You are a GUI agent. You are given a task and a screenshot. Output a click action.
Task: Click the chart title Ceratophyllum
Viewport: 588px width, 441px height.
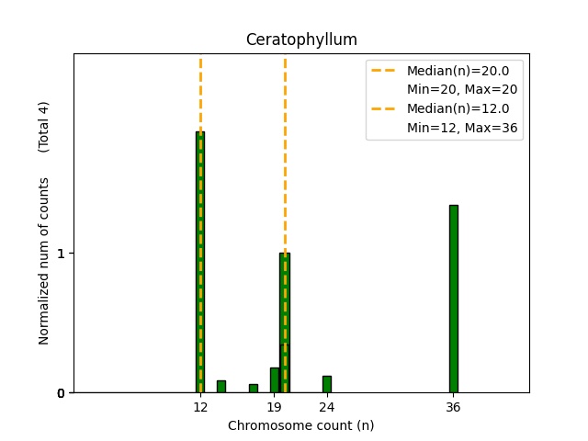click(301, 40)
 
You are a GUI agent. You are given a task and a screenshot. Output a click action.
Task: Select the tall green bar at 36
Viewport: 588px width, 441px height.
click(453, 299)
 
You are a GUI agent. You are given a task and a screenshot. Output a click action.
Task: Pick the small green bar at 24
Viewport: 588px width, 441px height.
click(326, 384)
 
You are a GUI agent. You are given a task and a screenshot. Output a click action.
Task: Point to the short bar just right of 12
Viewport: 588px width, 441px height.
click(221, 386)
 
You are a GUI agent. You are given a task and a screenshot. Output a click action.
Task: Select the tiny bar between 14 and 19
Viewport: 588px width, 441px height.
click(254, 388)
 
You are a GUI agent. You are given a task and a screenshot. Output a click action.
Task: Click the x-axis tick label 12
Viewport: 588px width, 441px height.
click(200, 406)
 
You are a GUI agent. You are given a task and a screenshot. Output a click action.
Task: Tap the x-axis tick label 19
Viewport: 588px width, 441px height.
click(274, 406)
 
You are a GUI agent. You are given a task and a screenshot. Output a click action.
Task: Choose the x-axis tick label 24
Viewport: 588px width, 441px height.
click(326, 406)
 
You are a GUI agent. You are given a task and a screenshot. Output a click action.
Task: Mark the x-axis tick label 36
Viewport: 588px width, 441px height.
click(453, 406)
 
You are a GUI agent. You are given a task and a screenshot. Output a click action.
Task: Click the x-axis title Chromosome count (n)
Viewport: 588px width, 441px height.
click(301, 425)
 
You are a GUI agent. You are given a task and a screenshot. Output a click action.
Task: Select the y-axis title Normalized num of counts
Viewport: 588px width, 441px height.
click(44, 261)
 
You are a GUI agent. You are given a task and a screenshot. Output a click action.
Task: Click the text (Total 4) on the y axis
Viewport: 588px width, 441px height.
click(44, 126)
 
